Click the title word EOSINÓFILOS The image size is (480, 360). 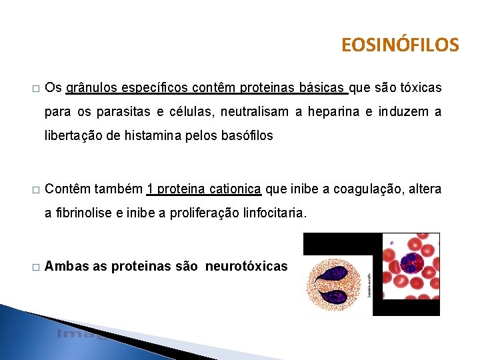click(x=400, y=45)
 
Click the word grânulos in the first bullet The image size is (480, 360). click(x=93, y=89)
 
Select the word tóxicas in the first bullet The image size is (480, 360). click(x=418, y=89)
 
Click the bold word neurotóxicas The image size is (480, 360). click(x=246, y=267)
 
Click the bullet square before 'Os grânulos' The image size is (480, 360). click(x=35, y=89)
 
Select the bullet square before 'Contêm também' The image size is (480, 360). click(x=35, y=190)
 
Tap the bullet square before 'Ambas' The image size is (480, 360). click(x=35, y=267)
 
